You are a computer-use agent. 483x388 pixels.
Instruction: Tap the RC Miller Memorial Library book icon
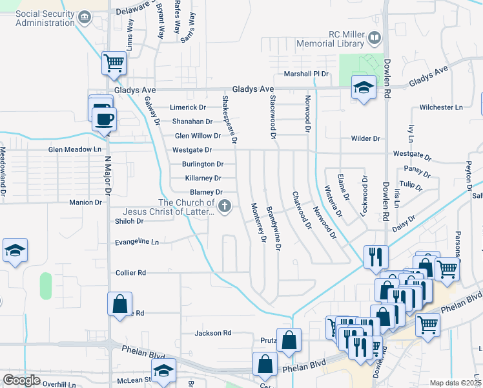[x=374, y=39]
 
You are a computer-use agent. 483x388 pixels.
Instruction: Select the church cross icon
[x=225, y=207]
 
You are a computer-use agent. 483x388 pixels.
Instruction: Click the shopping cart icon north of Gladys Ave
[x=114, y=63]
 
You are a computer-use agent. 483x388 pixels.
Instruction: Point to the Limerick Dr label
[x=187, y=107]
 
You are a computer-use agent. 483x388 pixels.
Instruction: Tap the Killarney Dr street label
[x=203, y=178]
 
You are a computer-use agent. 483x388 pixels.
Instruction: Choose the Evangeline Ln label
[x=137, y=242]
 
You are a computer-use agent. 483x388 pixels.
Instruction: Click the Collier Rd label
[x=130, y=273]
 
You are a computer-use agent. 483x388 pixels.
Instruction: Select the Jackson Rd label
[x=213, y=333]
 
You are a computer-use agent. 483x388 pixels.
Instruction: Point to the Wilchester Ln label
[x=441, y=107]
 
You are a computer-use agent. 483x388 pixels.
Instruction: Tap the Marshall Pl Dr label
[x=307, y=74]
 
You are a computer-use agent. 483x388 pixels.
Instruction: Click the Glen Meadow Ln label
[x=76, y=149]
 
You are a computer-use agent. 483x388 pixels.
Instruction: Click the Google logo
[x=21, y=380]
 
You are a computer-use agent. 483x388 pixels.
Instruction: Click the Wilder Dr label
[x=365, y=138]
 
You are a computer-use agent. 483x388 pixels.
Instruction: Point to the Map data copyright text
[x=455, y=383]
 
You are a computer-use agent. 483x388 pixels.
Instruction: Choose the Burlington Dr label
[x=202, y=164]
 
